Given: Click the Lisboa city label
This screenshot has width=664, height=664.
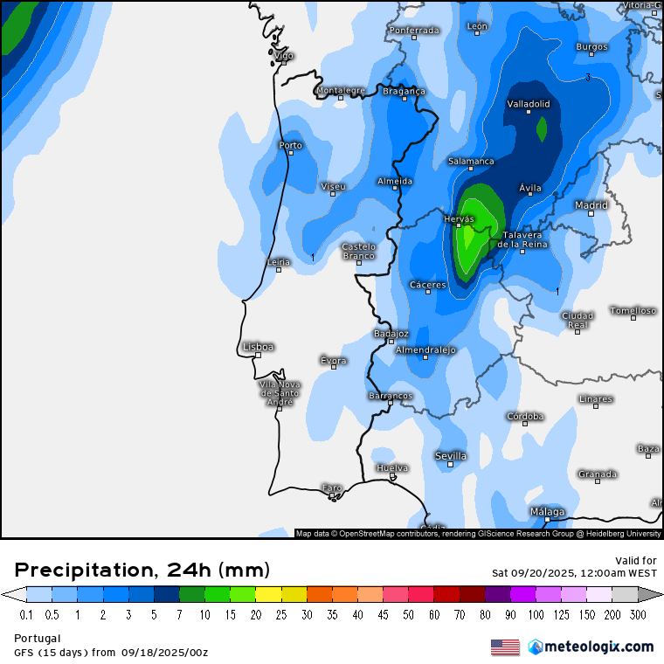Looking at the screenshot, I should [259, 347].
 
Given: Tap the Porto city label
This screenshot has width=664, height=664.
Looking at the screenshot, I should [290, 145].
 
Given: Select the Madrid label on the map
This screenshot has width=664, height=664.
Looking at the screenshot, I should [591, 205].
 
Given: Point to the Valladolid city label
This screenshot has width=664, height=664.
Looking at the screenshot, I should [529, 104].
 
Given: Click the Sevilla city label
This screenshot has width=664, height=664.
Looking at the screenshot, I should [451, 456].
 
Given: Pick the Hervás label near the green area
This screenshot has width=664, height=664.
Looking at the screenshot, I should [459, 218].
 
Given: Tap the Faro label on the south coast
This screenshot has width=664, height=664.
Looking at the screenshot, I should [332, 488].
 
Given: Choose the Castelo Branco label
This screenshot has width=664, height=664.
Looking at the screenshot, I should [358, 251].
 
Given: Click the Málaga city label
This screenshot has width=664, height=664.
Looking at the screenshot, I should [547, 512].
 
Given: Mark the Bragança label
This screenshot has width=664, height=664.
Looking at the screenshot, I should [404, 91].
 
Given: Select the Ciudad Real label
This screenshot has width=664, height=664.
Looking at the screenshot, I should [577, 320].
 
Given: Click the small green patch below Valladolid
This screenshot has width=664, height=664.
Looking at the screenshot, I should [542, 129].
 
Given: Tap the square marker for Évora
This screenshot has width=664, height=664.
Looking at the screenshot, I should [333, 367].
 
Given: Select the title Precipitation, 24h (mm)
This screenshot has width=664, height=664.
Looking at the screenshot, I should [142, 571].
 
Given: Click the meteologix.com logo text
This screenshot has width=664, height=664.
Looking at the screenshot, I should [599, 647].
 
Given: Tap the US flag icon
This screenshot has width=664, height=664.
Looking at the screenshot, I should [505, 647].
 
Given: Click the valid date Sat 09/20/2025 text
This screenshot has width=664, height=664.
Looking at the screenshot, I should [574, 573].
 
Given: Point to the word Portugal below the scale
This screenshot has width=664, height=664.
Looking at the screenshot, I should [37, 638].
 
